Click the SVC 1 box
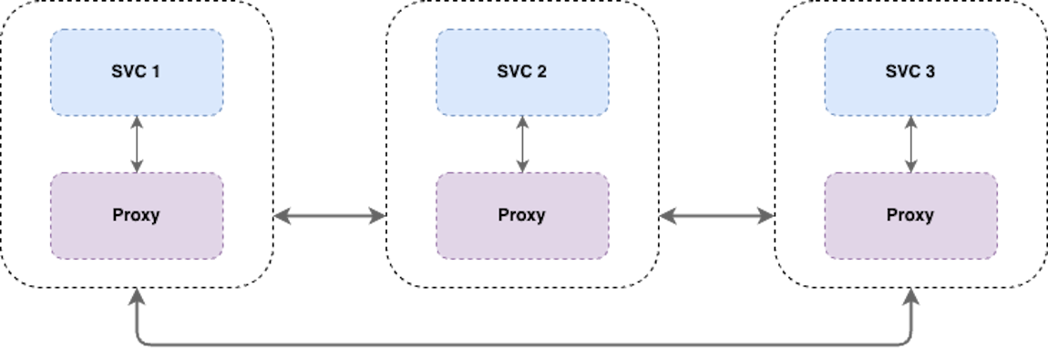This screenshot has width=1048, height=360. pyautogui.click(x=136, y=72)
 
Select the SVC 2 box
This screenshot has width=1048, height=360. pyautogui.click(x=521, y=72)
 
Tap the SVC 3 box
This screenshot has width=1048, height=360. pyautogui.click(x=910, y=72)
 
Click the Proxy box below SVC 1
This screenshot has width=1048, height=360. pyautogui.click(x=136, y=215)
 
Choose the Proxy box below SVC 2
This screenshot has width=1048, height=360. pyautogui.click(x=521, y=215)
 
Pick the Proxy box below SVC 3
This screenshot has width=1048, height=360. pyautogui.click(x=910, y=215)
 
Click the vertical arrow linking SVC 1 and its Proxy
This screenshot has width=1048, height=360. pyautogui.click(x=137, y=144)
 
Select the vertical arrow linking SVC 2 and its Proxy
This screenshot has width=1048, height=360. pyautogui.click(x=522, y=144)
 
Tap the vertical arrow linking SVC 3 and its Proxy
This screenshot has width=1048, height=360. pyautogui.click(x=910, y=144)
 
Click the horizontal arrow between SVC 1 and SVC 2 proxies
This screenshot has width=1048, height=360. pyautogui.click(x=329, y=216)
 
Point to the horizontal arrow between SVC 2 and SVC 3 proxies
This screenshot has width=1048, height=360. pyautogui.click(x=715, y=216)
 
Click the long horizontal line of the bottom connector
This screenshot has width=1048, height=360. pyautogui.click(x=524, y=345)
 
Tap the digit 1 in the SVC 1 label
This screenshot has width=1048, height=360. pyautogui.click(x=157, y=72)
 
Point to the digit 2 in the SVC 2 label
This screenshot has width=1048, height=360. pyautogui.click(x=542, y=72)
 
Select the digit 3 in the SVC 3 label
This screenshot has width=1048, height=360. pyautogui.click(x=930, y=72)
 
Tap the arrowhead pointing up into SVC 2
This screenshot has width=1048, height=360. pyautogui.click(x=522, y=123)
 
